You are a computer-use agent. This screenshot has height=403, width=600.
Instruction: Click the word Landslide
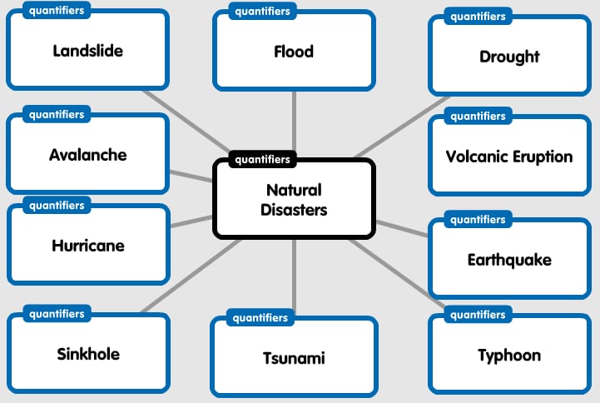(87, 51)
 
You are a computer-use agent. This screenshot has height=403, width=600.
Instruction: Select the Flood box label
(294, 52)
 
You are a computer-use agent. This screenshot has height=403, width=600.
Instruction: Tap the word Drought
(509, 57)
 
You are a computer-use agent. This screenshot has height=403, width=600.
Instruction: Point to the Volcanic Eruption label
(509, 157)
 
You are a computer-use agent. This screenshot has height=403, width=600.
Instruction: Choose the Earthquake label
(509, 260)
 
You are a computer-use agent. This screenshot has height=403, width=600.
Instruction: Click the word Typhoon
(509, 356)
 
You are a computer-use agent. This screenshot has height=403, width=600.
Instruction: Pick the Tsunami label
(294, 358)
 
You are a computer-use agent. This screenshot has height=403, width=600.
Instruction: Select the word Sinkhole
(88, 354)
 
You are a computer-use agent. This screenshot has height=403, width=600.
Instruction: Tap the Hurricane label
(88, 246)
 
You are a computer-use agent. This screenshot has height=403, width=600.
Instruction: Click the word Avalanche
(88, 155)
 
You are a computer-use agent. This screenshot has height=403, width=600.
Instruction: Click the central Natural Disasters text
(294, 200)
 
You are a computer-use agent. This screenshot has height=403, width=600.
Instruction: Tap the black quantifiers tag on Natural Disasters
(263, 159)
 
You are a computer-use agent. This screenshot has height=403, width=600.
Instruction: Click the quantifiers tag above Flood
(262, 12)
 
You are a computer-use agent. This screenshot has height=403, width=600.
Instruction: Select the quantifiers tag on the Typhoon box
(478, 315)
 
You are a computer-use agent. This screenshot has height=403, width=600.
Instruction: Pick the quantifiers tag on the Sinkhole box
(57, 314)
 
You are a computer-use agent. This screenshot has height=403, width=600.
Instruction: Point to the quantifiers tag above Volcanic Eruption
(478, 117)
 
